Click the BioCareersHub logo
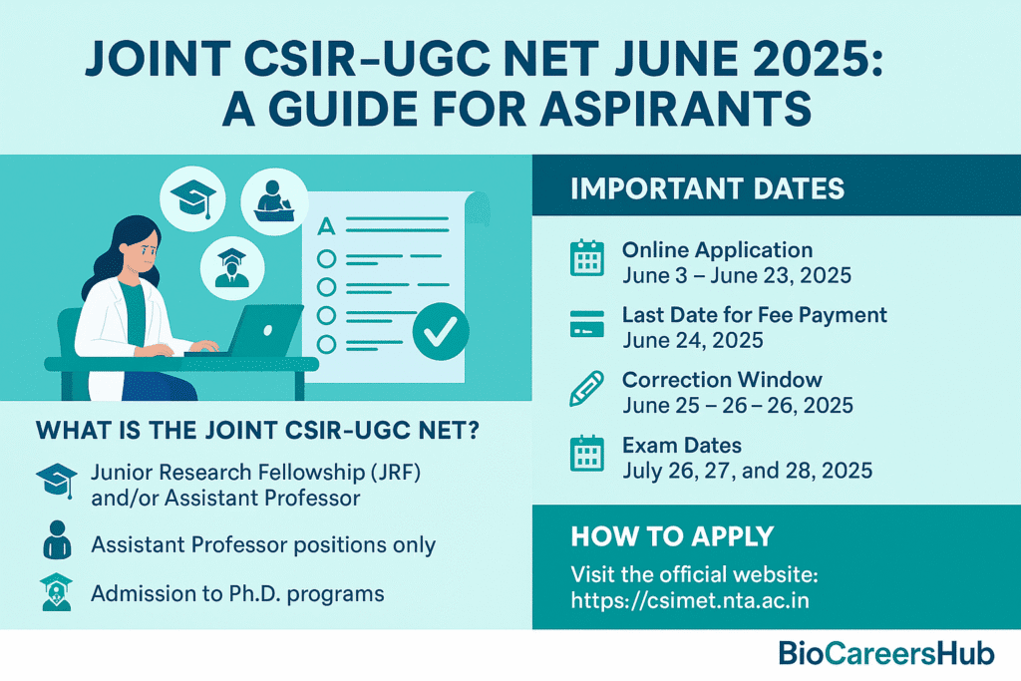(886, 653)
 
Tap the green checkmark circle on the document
(441, 331)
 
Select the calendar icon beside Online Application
(586, 258)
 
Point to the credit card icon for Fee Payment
(586, 324)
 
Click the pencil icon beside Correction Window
(586, 389)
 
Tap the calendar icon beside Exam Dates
(586, 453)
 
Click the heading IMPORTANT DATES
(707, 188)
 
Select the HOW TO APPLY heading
(672, 536)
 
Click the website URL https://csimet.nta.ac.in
(690, 599)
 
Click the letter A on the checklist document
(326, 226)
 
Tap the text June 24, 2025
(693, 341)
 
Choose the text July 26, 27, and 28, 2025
(748, 471)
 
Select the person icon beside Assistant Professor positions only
(57, 539)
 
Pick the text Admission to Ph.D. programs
(237, 594)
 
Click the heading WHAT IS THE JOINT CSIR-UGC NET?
(258, 431)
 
